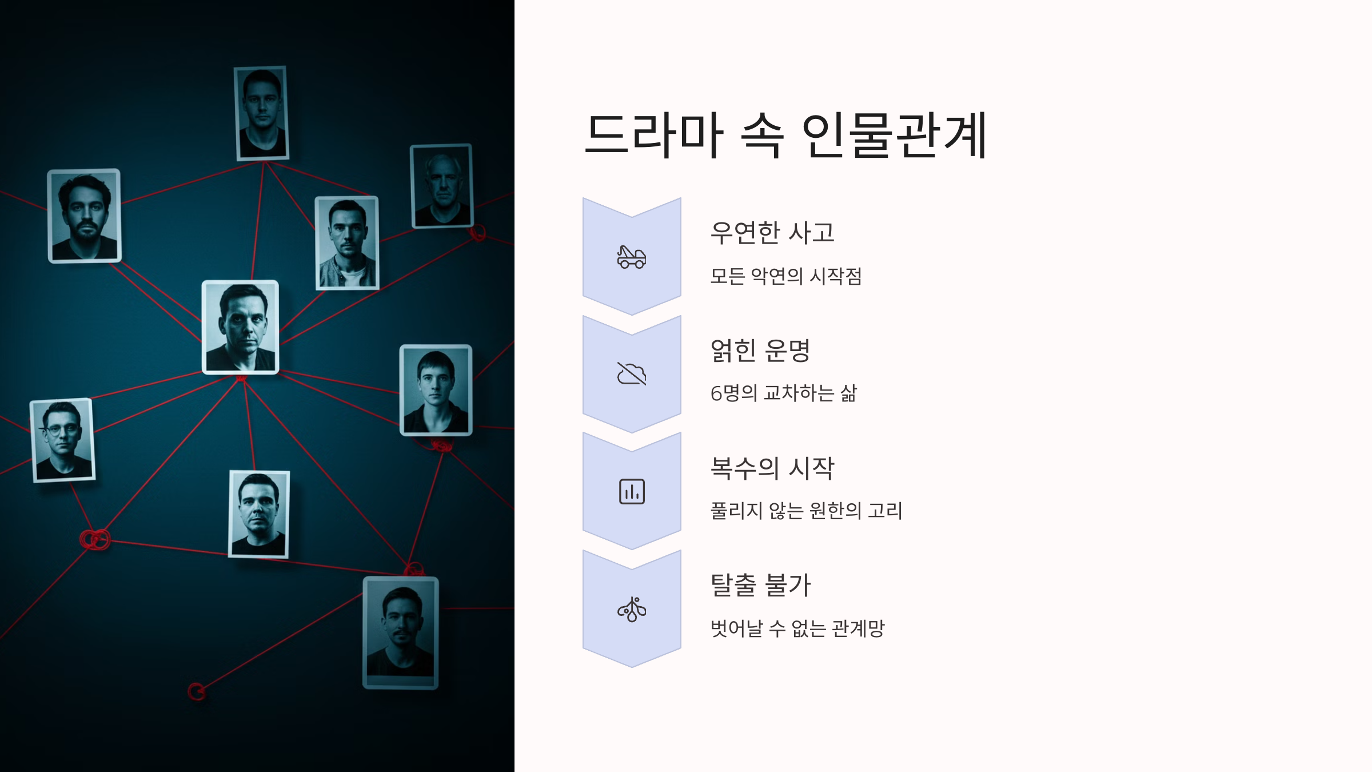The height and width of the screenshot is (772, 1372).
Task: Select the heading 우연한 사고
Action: point(772,233)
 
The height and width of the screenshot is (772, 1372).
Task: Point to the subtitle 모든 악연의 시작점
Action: point(785,276)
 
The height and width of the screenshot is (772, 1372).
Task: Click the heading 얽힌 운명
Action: point(760,351)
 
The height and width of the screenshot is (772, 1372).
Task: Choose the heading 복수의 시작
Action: point(772,468)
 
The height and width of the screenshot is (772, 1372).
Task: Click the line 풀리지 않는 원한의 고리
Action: point(806,511)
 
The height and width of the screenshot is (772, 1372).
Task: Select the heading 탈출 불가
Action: point(760,585)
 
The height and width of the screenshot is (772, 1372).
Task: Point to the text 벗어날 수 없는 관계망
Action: point(797,628)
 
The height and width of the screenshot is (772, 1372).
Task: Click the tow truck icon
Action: point(632,257)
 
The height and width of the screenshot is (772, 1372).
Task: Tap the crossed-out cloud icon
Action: point(632,374)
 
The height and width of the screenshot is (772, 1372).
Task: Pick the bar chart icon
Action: point(632,492)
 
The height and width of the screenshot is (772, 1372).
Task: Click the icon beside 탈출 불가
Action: point(632,610)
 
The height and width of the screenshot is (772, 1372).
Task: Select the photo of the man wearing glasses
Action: point(62,440)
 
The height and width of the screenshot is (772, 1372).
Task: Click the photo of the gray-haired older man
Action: point(442,186)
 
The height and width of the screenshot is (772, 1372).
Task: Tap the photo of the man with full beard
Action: point(85,216)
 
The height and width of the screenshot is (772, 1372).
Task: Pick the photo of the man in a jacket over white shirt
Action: point(347,243)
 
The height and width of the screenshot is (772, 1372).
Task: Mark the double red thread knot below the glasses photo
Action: point(95,539)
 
